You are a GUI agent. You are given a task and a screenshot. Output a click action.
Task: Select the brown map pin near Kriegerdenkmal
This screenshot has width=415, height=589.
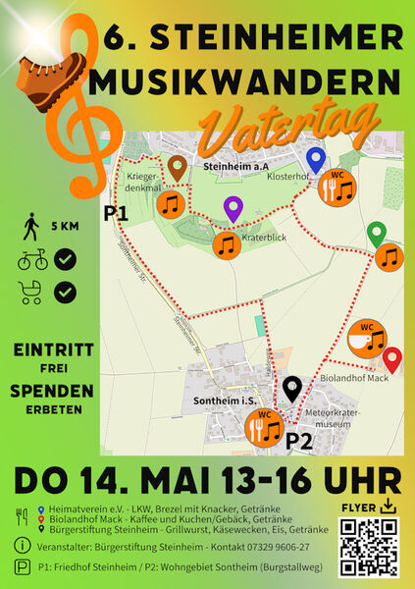(x=178, y=169)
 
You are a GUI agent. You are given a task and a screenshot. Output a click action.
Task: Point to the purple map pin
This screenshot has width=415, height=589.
(x=233, y=208)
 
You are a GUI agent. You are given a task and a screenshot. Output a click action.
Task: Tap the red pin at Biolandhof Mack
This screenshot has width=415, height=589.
(x=391, y=359)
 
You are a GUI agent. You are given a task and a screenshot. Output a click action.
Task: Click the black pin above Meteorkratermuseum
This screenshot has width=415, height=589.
(x=291, y=389)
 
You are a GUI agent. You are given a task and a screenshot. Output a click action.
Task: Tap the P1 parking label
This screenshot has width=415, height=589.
(x=117, y=211)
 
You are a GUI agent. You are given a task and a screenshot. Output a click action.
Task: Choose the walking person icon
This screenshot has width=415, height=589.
(x=31, y=228)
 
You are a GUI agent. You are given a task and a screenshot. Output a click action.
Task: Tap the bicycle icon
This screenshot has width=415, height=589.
(x=31, y=261)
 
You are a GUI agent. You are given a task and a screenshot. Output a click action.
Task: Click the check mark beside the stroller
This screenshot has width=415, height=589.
(x=67, y=292)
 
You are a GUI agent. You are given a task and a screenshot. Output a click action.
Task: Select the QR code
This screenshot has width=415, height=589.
(x=370, y=547)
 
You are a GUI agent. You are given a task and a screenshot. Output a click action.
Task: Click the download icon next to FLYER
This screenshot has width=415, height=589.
(x=390, y=507)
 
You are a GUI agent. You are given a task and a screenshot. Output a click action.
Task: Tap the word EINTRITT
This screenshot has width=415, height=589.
(x=55, y=349)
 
